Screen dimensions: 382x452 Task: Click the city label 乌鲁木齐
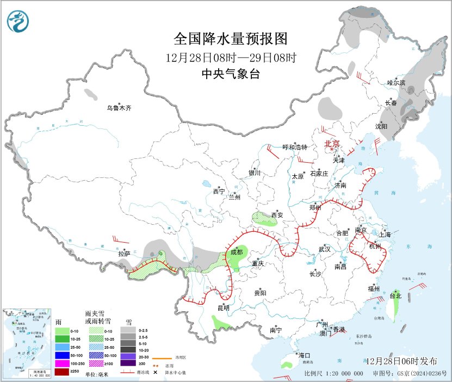(119, 108)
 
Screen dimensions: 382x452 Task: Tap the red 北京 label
(332, 144)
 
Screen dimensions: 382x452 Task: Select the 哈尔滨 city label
(396, 83)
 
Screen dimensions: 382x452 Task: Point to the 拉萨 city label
(124, 254)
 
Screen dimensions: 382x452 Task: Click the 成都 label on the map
(237, 252)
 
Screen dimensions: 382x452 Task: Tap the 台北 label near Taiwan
(395, 296)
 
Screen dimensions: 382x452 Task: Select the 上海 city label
(385, 235)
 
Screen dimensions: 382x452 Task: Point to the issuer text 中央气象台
(230, 74)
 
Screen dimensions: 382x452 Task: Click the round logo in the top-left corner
(19, 21)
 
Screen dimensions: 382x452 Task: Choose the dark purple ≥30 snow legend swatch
(129, 363)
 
